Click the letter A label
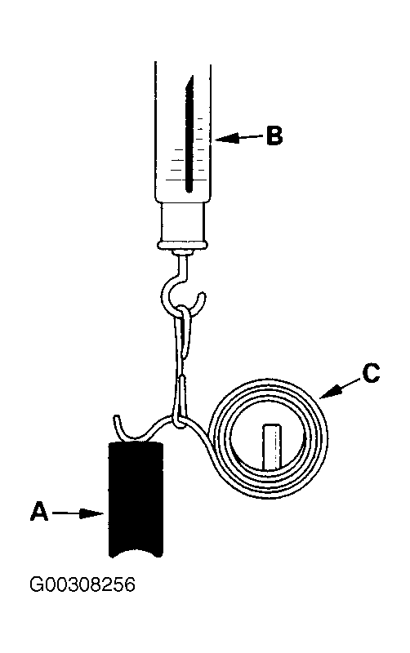(x=38, y=512)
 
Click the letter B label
(x=274, y=135)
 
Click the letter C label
(x=371, y=373)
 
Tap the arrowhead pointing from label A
(x=91, y=513)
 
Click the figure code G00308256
(x=82, y=584)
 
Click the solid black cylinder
(x=136, y=499)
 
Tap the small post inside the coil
(x=273, y=446)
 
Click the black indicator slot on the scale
(x=189, y=133)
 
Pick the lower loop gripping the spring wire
(x=180, y=402)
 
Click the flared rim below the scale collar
(x=182, y=245)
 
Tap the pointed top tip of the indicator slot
(x=193, y=76)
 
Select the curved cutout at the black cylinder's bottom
(x=136, y=552)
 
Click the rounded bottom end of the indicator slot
(x=189, y=189)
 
